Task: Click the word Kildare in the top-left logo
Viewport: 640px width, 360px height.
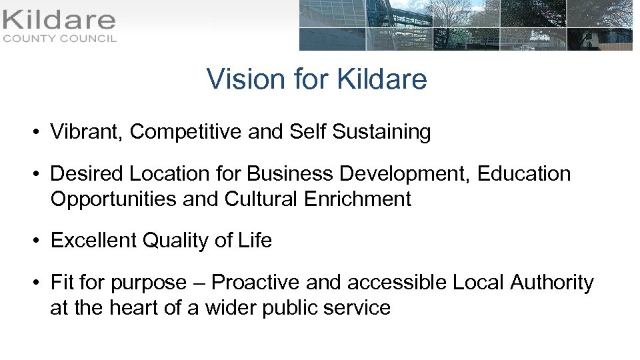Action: (x=59, y=20)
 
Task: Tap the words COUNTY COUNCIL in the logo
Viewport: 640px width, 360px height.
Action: (x=60, y=39)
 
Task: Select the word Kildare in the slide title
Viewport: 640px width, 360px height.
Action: (x=382, y=79)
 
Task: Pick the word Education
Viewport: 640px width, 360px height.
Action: (x=523, y=174)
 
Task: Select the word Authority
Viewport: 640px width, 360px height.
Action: (x=551, y=283)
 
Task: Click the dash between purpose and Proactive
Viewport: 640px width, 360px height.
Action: (x=199, y=283)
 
